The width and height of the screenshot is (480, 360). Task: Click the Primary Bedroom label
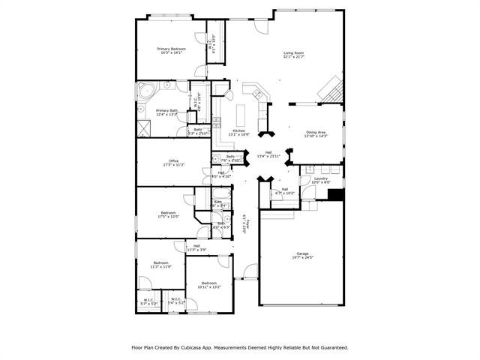(x=171, y=49)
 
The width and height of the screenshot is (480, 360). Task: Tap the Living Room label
(x=293, y=52)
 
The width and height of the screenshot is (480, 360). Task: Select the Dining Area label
(x=316, y=132)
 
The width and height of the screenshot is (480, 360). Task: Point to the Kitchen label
(x=239, y=130)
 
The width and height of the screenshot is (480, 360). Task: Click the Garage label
(x=302, y=253)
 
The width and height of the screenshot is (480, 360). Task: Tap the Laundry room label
(x=320, y=178)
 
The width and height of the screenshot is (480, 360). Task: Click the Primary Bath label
(x=166, y=110)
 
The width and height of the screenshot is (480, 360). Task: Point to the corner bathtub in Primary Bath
(x=145, y=93)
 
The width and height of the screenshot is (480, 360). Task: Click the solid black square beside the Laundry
(x=335, y=194)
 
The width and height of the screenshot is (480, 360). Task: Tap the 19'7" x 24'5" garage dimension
(x=302, y=258)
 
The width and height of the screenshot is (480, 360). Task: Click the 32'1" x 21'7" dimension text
(x=293, y=57)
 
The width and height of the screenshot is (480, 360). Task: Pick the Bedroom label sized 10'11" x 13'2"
(x=209, y=283)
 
